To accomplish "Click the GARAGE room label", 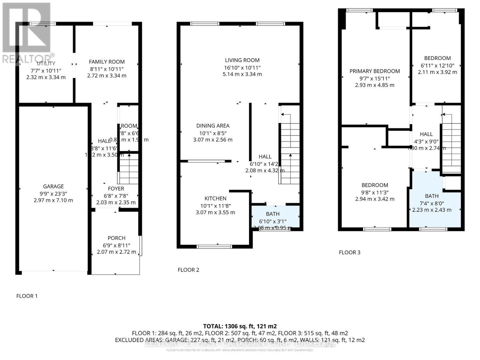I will [x=53, y=186].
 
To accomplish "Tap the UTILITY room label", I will [x=46, y=63].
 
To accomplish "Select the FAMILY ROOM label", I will [x=106, y=62].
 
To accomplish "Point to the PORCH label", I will [x=116, y=238].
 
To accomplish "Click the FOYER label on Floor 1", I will [x=116, y=189].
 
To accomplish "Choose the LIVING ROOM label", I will [x=242, y=60].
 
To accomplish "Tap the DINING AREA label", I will [x=213, y=126].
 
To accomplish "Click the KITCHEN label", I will [x=215, y=198].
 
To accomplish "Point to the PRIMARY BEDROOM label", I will [x=374, y=71].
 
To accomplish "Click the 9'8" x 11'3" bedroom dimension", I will [x=375, y=192].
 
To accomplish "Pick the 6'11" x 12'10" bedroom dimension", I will [x=437, y=65].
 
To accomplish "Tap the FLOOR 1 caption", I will [x=27, y=296].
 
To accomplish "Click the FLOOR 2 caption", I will [x=188, y=270].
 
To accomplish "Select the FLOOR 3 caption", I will [x=349, y=252].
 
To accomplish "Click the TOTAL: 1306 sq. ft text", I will [x=240, y=326].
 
